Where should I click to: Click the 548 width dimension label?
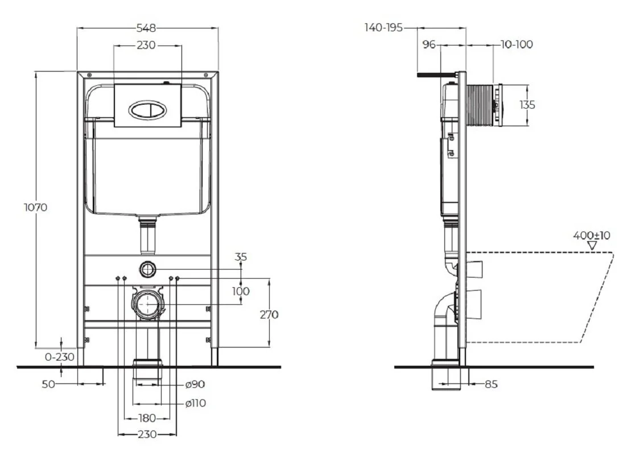(x=146, y=28)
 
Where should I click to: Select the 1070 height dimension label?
(x=36, y=207)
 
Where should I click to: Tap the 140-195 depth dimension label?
(x=383, y=28)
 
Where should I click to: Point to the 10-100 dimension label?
(x=517, y=44)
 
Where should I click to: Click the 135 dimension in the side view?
(x=527, y=105)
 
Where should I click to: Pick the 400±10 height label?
(x=592, y=235)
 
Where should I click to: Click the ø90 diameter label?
(x=195, y=384)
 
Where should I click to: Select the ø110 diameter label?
(x=196, y=403)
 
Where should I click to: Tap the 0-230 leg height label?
(x=60, y=357)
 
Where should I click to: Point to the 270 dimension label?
(x=269, y=315)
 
